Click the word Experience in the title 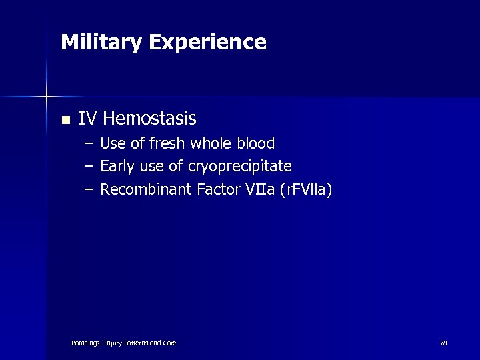[207, 43]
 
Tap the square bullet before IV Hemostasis [65, 121]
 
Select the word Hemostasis [150, 119]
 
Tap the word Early [117, 166]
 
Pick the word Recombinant [146, 189]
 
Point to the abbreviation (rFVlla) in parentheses [306, 189]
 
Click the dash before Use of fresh [89, 144]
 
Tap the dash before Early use [89, 167]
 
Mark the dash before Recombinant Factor [89, 190]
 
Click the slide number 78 [443, 343]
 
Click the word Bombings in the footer [87, 343]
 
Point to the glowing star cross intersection [47, 97]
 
